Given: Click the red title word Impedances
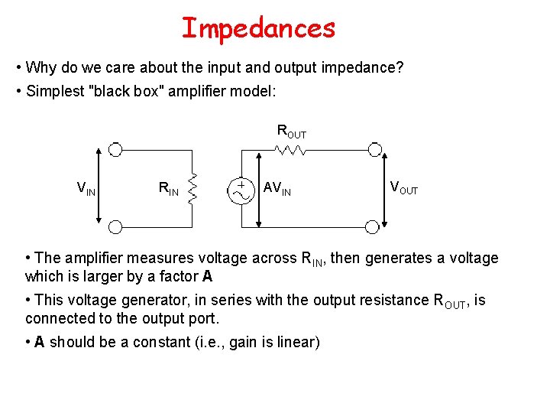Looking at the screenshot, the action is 258,28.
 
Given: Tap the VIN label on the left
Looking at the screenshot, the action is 86,187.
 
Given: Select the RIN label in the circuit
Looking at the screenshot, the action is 168,188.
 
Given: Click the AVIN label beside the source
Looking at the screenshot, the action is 277,188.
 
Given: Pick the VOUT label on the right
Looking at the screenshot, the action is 404,187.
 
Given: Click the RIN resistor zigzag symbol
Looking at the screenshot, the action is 193,187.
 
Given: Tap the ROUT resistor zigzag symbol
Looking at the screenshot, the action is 291,151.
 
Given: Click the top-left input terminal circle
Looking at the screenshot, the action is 115,149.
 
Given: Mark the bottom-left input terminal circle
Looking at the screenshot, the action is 115,226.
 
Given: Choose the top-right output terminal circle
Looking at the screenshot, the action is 372,149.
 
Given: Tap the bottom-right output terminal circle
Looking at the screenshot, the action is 372,226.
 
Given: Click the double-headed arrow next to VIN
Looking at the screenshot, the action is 99,187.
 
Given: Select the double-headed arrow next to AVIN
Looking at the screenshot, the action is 260,188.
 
